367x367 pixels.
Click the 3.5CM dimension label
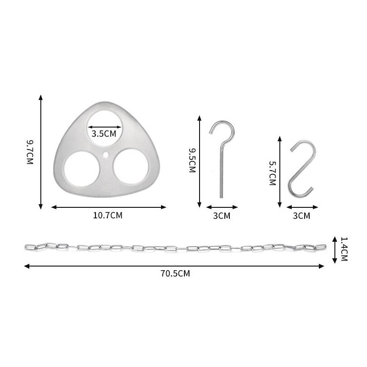tap(104, 133)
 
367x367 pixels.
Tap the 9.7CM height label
tap(30, 152)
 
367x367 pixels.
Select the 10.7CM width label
tap(108, 215)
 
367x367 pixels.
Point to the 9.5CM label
tap(192, 161)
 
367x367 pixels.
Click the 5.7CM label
tap(272, 173)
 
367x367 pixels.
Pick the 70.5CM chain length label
tap(175, 273)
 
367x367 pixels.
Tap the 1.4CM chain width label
tap(344, 249)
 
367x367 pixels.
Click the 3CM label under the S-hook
tap(301, 216)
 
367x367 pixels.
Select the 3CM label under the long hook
tap(222, 216)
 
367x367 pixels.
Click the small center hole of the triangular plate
tap(106, 155)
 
